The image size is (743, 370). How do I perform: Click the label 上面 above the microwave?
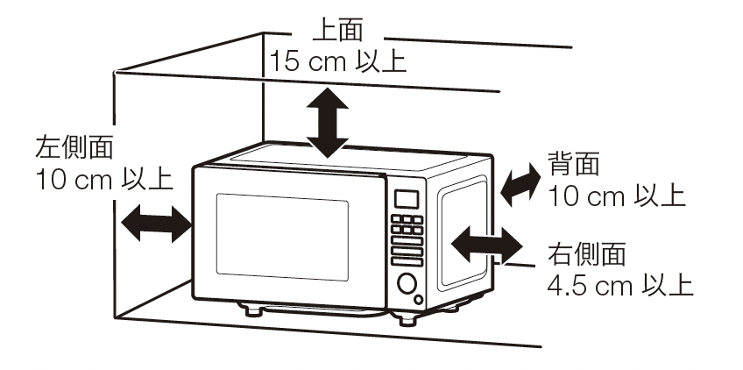338,31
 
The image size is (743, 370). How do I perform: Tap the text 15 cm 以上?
338,61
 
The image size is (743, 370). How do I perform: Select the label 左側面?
74,147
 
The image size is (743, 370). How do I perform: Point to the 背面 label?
574,164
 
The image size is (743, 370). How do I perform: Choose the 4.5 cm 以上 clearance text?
620,286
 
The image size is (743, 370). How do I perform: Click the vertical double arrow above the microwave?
328,123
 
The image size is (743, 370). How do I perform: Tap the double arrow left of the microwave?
156,224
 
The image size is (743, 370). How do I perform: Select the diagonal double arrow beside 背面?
520,184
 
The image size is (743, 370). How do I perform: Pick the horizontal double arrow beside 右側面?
486,245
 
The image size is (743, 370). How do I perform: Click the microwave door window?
282,237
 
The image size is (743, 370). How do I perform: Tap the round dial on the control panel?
407,284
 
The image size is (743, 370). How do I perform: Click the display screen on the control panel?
407,199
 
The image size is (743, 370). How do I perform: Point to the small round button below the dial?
418,299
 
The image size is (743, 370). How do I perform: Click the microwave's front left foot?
253,310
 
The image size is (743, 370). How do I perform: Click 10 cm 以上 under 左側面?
104,181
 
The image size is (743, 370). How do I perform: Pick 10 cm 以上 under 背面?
617,196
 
